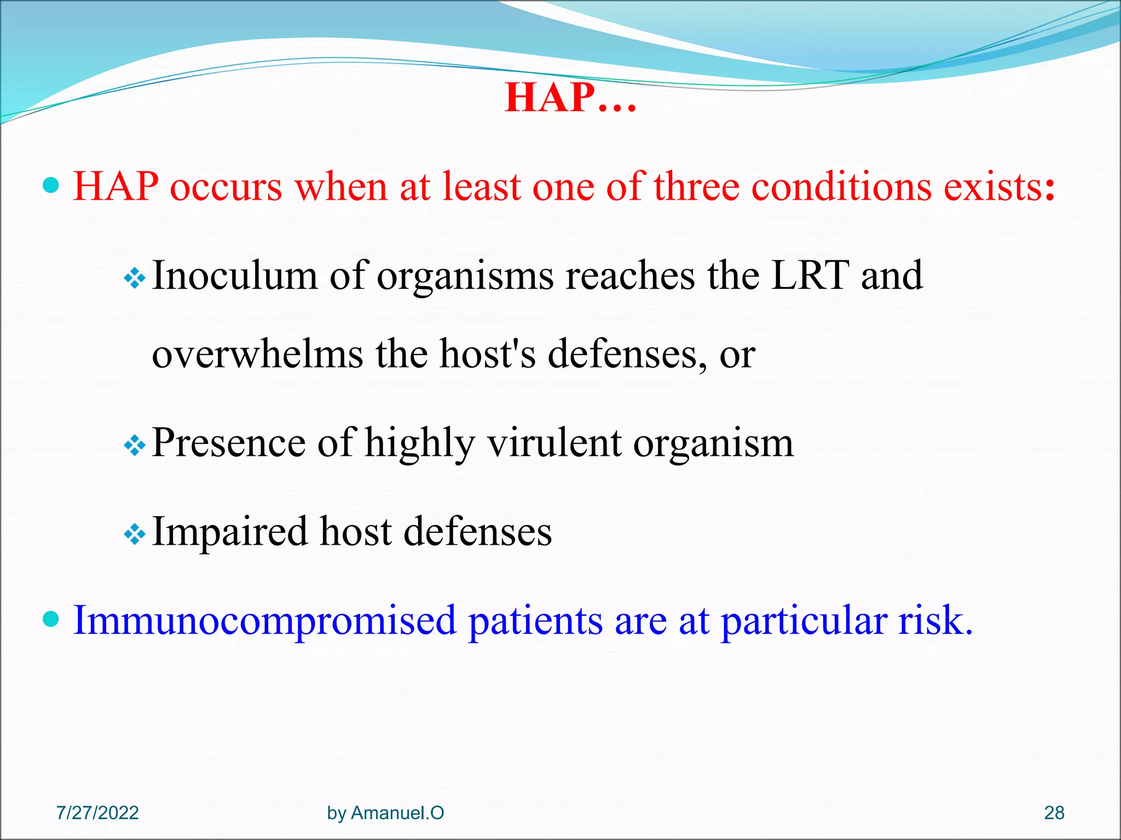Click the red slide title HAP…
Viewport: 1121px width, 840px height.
pyautogui.click(x=570, y=98)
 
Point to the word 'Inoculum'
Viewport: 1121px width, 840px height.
pyautogui.click(x=234, y=276)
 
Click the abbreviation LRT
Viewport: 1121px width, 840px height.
pyautogui.click(x=810, y=276)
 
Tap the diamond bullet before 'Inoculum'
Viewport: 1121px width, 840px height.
pyautogui.click(x=134, y=280)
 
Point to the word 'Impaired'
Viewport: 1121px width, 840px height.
pyautogui.click(x=230, y=532)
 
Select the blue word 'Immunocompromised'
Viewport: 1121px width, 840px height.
pyautogui.click(x=265, y=621)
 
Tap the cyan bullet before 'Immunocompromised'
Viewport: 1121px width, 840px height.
pyautogui.click(x=50, y=620)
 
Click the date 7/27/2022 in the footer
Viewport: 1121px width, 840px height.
pyautogui.click(x=97, y=813)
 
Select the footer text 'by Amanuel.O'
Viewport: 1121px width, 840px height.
pyautogui.click(x=385, y=813)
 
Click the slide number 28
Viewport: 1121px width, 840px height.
pyautogui.click(x=1054, y=813)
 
